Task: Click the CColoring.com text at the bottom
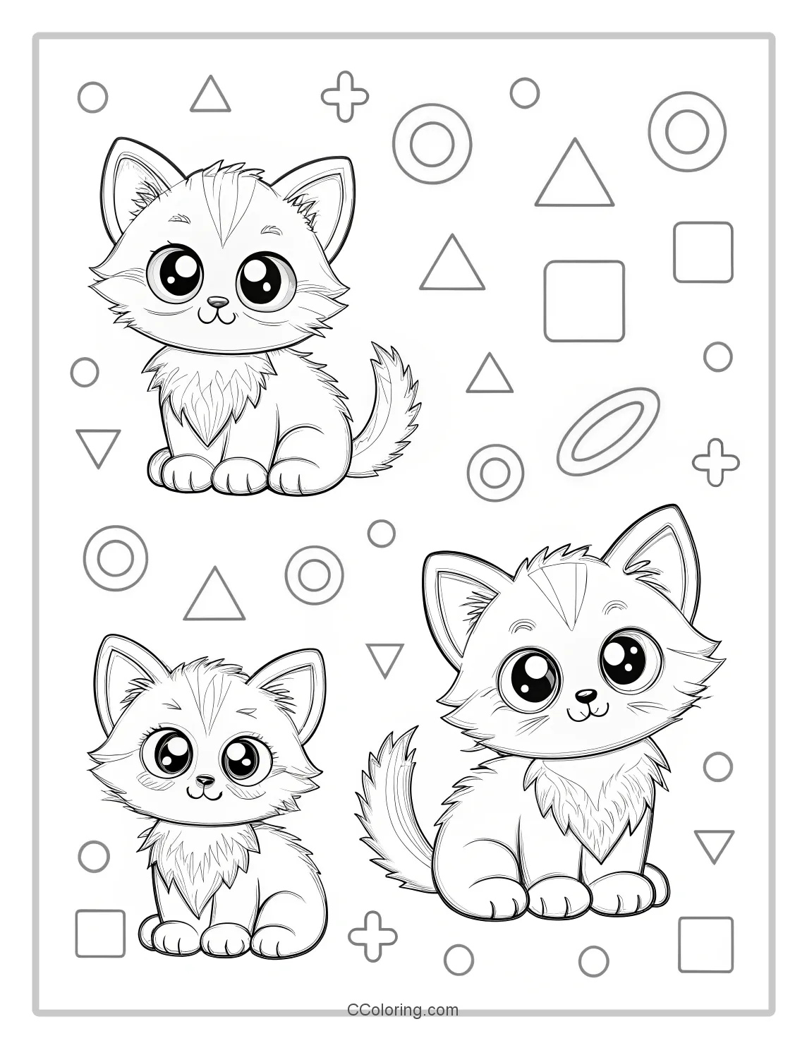403,1010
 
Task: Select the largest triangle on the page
574,175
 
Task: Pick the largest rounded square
584,301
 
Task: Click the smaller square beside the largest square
703,252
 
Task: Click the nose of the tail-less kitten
205,781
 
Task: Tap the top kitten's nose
220,302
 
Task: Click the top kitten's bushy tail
390,409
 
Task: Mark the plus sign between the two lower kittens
373,936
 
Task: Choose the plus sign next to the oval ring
716,462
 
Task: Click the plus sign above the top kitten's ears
345,96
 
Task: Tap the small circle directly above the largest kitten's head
382,534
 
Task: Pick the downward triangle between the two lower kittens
385,658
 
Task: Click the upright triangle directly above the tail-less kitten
214,597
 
